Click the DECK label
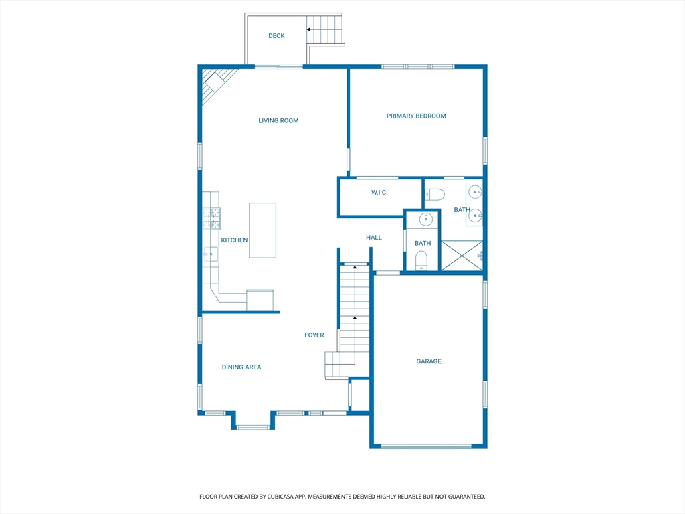(276, 36)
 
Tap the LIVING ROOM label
(278, 120)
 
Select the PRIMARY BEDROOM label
(416, 116)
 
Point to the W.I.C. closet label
(379, 192)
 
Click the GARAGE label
(429, 361)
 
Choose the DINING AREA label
(241, 367)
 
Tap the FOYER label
(314, 335)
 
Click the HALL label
(373, 238)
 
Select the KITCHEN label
(234, 240)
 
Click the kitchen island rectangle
(262, 230)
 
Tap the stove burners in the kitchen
(211, 219)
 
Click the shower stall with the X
(462, 255)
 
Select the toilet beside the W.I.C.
(435, 194)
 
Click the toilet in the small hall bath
(421, 260)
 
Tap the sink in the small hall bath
(426, 219)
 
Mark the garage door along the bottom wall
(426, 446)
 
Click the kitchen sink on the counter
(211, 254)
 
